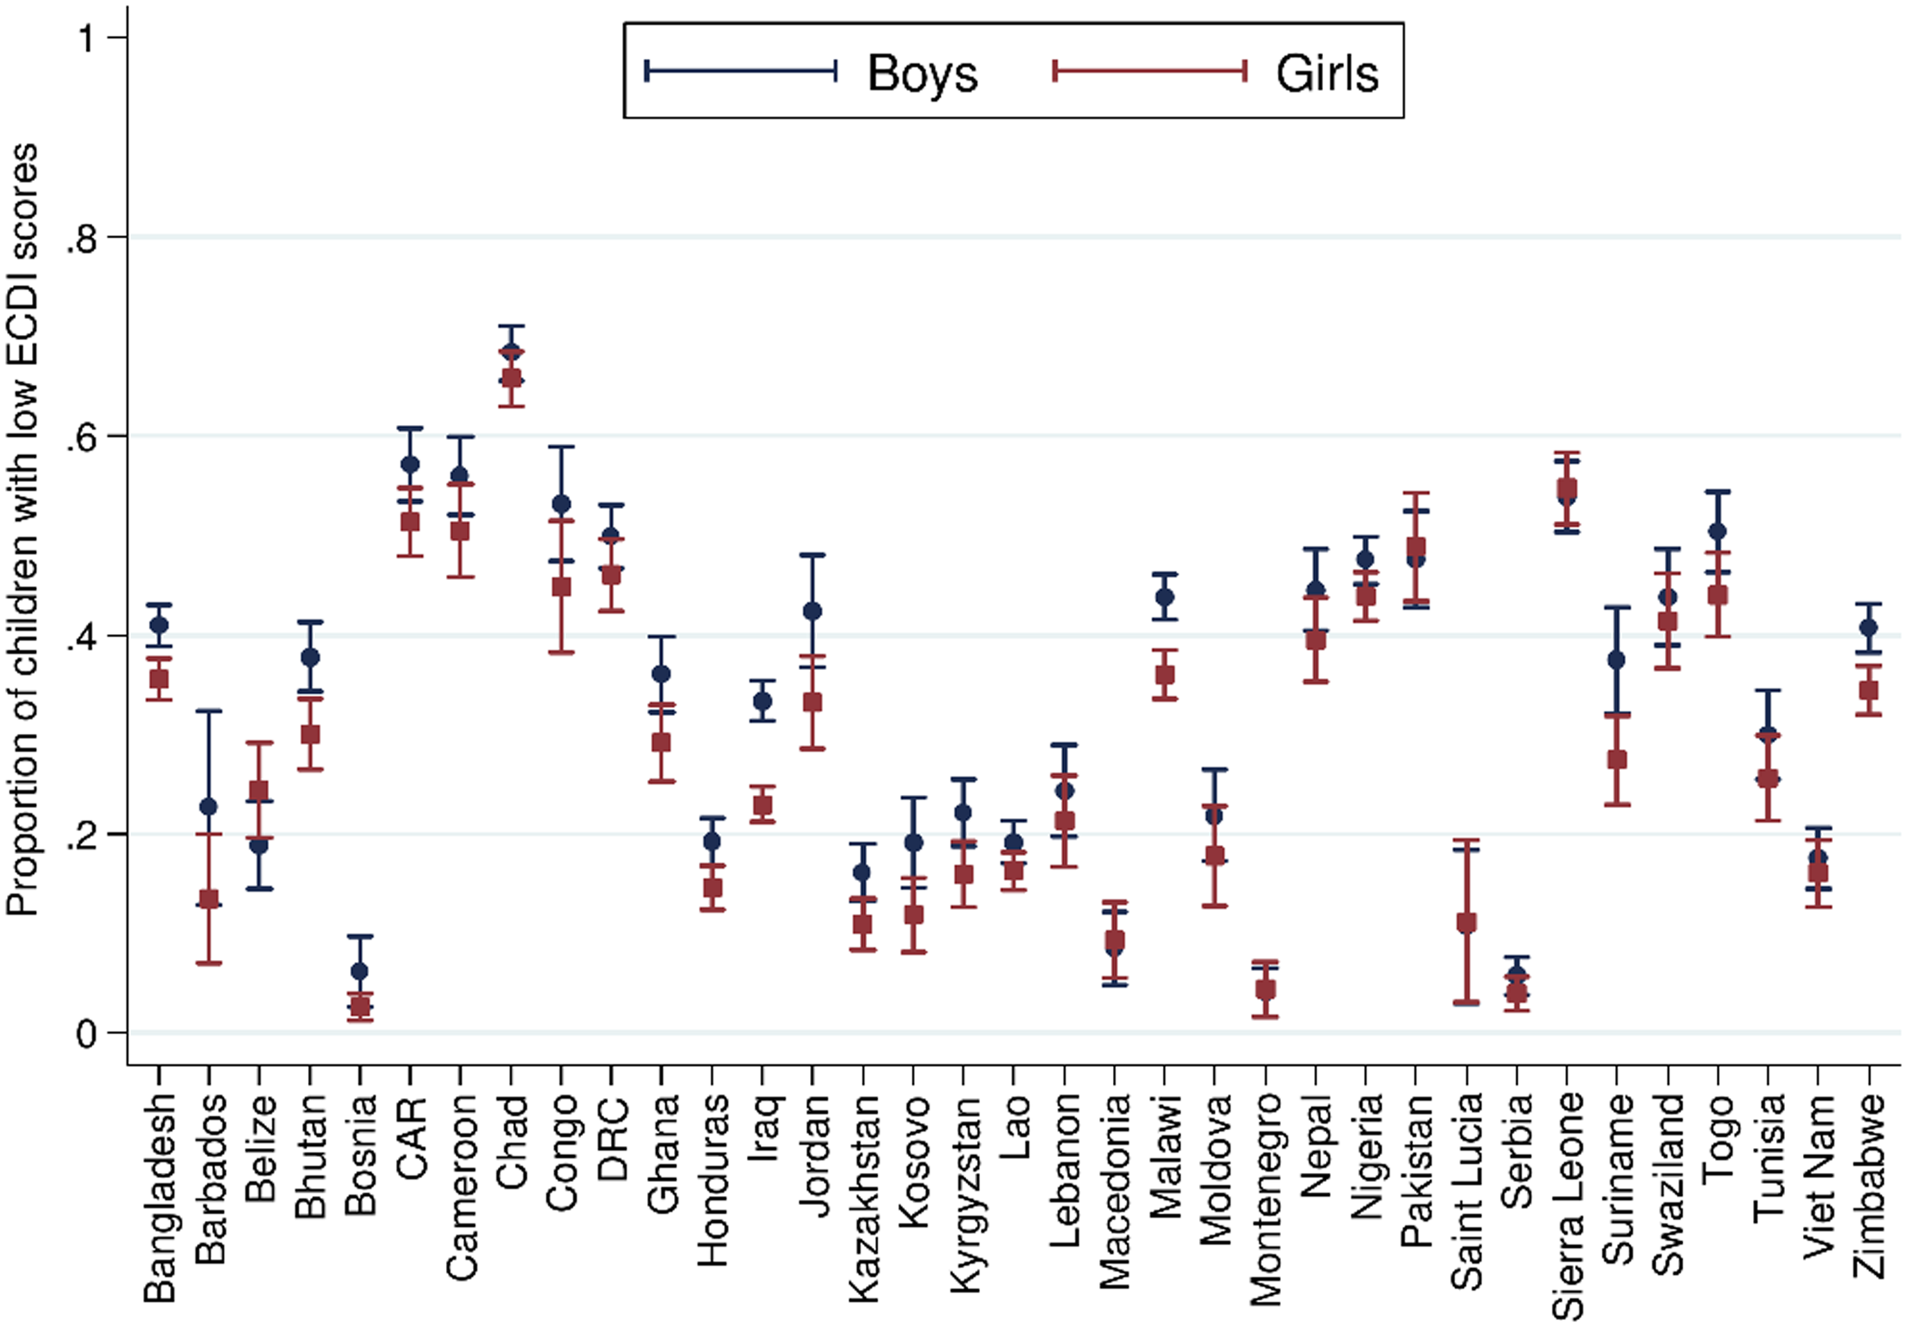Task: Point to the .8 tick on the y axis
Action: point(83,239)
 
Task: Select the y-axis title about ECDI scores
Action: point(24,530)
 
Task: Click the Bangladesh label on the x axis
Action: point(159,1197)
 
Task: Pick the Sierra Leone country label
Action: point(1568,1206)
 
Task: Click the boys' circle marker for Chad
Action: point(511,352)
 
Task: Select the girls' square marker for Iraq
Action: point(763,805)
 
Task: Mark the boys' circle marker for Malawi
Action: point(1164,597)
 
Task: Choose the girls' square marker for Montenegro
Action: point(1265,991)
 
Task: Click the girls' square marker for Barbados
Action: point(209,899)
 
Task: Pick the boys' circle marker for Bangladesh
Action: point(159,625)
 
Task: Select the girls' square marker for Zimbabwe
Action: point(1869,690)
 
